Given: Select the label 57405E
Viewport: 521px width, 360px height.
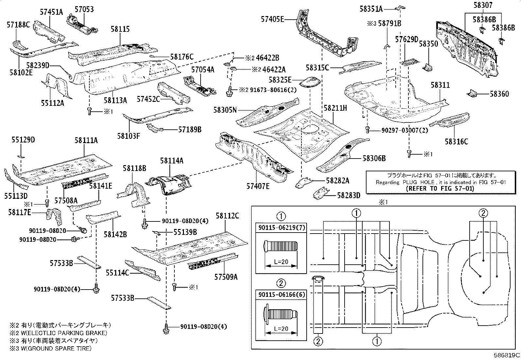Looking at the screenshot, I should click(272, 19).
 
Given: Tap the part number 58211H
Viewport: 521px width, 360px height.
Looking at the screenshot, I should click(335, 108).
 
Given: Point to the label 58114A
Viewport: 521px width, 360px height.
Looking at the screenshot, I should click(171, 161).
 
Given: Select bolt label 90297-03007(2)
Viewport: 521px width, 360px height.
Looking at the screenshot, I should click(400, 130).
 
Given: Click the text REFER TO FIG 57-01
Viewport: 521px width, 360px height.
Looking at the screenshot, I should click(440, 189).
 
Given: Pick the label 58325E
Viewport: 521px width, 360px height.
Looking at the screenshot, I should click(280, 80).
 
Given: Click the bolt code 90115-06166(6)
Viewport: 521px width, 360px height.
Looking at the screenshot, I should click(281, 294).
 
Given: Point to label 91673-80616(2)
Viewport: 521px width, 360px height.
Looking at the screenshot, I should click(268, 90).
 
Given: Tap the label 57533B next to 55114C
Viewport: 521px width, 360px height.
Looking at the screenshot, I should click(123, 298).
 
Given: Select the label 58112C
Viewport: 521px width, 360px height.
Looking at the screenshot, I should click(227, 216).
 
